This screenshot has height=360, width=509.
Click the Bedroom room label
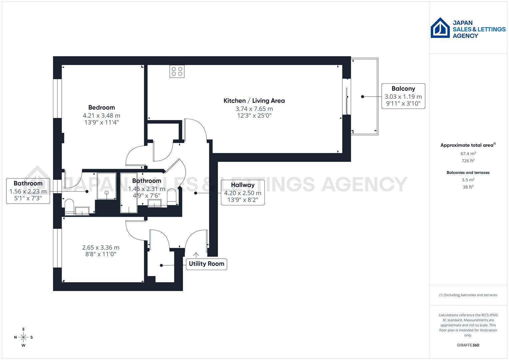coord(101,107)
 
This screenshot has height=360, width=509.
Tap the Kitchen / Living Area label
coord(254,101)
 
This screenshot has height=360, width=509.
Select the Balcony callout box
coord(403,96)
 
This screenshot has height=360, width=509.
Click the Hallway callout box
coord(243,192)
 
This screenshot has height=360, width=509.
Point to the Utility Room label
coord(206,264)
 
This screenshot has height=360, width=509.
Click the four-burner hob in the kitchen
coord(177,71)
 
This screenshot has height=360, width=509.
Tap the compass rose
coord(23,337)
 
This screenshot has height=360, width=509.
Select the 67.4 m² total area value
coord(468,154)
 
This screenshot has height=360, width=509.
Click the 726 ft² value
coord(468,161)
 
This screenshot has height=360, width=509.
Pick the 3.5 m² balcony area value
coord(468,180)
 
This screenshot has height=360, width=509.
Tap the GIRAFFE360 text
coord(468,345)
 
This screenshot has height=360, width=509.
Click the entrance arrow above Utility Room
coord(196,255)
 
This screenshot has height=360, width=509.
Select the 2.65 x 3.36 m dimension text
coord(101,248)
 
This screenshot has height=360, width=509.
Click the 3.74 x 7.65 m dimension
coord(254,109)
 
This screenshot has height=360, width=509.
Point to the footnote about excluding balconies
coord(468,295)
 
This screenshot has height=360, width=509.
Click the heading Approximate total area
coord(467,145)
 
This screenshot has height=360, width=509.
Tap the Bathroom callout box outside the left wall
coord(28,191)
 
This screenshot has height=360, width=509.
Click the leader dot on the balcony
coord(363,97)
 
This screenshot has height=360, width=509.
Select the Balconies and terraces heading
coord(468,173)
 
